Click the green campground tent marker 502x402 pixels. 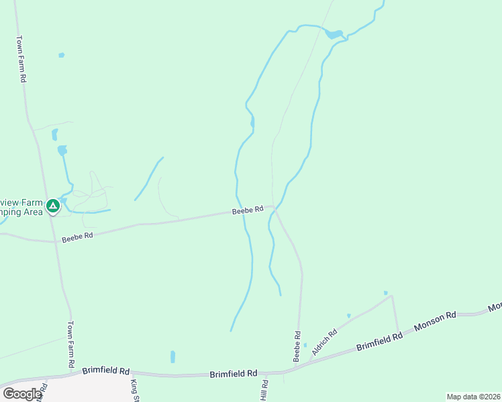tap(52, 205)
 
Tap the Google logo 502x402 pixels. tap(22, 394)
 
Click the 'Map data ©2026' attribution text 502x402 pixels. tap(473, 397)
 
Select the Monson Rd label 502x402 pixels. tap(435, 320)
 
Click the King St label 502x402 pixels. tap(134, 390)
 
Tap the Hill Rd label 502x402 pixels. tap(264, 391)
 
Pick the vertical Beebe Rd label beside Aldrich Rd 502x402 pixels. tap(296, 346)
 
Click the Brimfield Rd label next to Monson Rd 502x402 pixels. tap(379, 342)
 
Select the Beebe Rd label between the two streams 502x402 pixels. tap(247, 210)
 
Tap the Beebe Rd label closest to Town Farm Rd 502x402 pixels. tap(76, 237)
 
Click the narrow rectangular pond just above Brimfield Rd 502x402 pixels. tap(172, 356)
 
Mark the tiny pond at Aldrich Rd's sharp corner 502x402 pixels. tap(385, 293)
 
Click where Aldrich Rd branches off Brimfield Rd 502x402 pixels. tap(310, 362)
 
